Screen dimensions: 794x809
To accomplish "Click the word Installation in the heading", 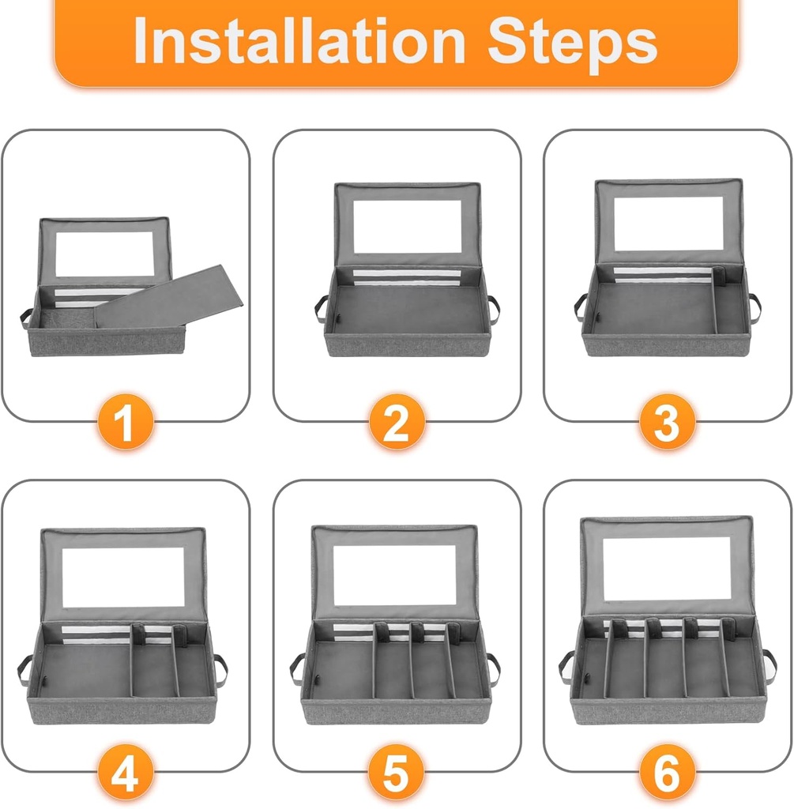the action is click(x=299, y=41).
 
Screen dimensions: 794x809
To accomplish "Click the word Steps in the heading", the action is click(x=572, y=45).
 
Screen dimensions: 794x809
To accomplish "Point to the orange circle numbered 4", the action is click(x=126, y=773).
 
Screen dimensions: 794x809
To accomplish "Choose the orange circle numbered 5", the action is click(x=397, y=773).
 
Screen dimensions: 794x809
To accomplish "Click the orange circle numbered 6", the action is click(x=667, y=773).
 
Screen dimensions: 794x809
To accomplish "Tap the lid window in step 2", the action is click(x=407, y=226).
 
